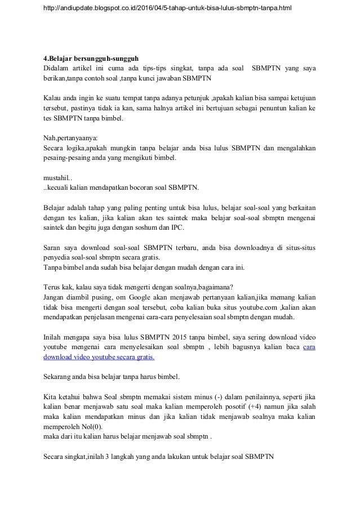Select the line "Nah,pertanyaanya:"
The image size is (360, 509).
coord(70,137)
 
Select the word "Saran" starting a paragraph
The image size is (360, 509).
coord(54,248)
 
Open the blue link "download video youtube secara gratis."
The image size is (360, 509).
coord(99,357)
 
